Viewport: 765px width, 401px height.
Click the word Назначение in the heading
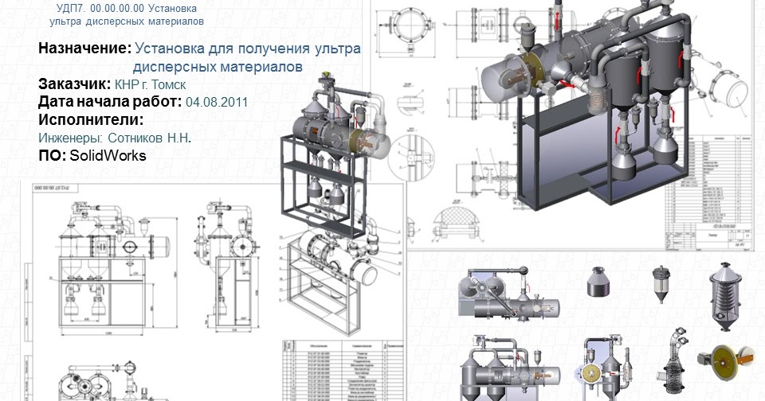pyautogui.click(x=84, y=49)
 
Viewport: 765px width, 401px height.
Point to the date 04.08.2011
pyautogui.click(x=217, y=103)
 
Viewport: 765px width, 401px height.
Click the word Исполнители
pyautogui.click(x=90, y=120)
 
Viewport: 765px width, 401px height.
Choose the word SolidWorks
pyautogui.click(x=108, y=156)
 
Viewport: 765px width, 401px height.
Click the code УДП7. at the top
pyautogui.click(x=73, y=8)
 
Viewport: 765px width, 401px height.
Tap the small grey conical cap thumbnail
pyautogui.click(x=597, y=283)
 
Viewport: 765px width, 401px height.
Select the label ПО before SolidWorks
pyautogui.click(x=51, y=156)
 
